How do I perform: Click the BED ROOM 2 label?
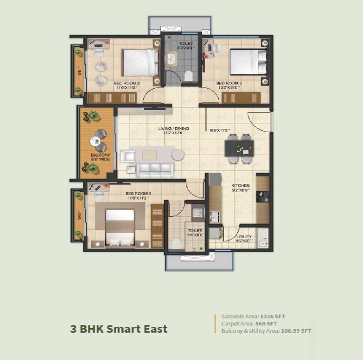(127, 83)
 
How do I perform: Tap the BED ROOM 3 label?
(229, 83)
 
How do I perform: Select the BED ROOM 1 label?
(138, 194)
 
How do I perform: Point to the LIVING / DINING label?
(173, 129)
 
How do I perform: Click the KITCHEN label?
(241, 186)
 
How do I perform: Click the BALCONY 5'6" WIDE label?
(100, 157)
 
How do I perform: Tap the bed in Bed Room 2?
(140, 62)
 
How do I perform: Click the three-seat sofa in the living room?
(154, 169)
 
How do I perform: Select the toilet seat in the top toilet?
(189, 75)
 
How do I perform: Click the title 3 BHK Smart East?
(119, 328)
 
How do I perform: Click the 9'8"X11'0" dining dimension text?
(220, 130)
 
